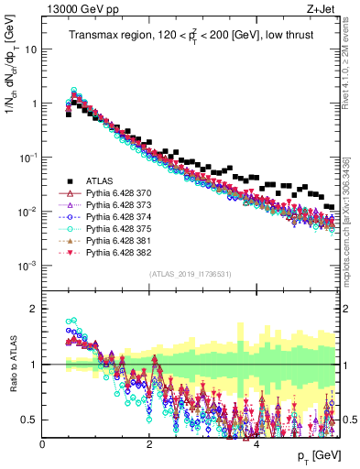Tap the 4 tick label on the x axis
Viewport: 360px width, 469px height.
tap(256, 444)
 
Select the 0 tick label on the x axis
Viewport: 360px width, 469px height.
tap(43, 444)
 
